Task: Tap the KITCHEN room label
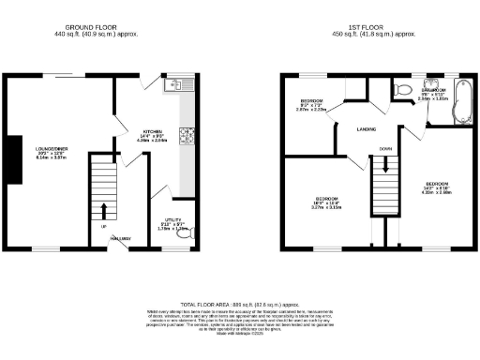153,132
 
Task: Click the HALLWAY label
119,240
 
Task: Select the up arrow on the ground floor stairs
104,208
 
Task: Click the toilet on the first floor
400,89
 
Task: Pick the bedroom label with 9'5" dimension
310,103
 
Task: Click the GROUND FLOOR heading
98,29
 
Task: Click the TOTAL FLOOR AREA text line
240,305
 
